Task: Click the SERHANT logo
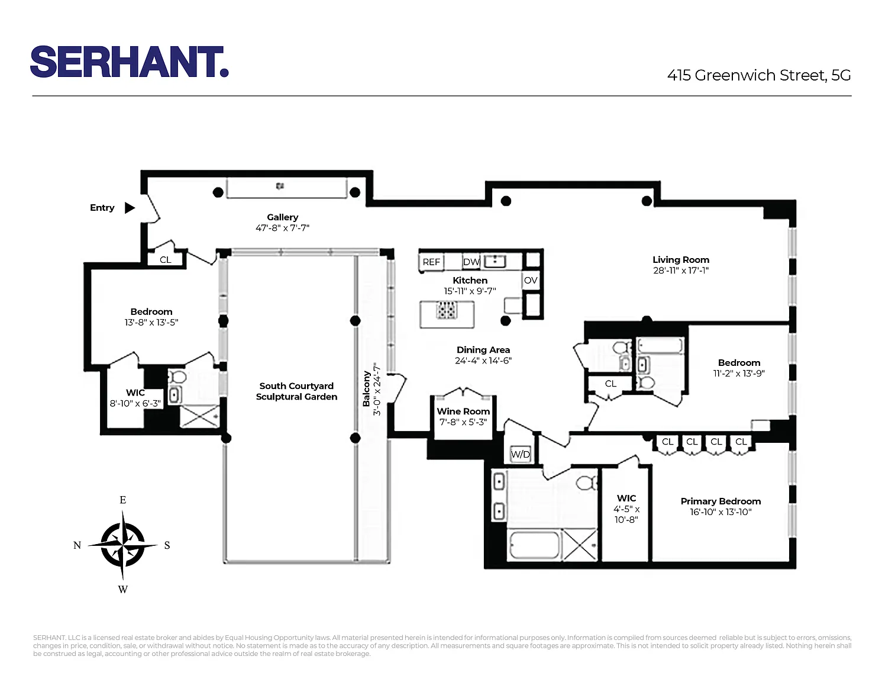(130, 62)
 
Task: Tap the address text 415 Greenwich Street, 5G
(758, 75)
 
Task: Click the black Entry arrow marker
(130, 208)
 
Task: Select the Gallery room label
(283, 217)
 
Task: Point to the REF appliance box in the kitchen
(431, 262)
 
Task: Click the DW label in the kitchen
(471, 262)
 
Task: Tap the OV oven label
(531, 280)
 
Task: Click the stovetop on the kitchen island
(447, 310)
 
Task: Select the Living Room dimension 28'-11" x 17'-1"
(681, 271)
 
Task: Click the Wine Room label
(463, 411)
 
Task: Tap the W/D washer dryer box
(520, 454)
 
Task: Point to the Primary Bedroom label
(721, 501)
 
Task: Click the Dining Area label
(483, 350)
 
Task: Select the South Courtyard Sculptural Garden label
(297, 391)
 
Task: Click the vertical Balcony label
(367, 389)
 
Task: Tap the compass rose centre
(122, 545)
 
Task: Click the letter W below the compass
(123, 590)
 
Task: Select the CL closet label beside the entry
(165, 259)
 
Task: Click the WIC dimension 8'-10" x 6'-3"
(135, 403)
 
